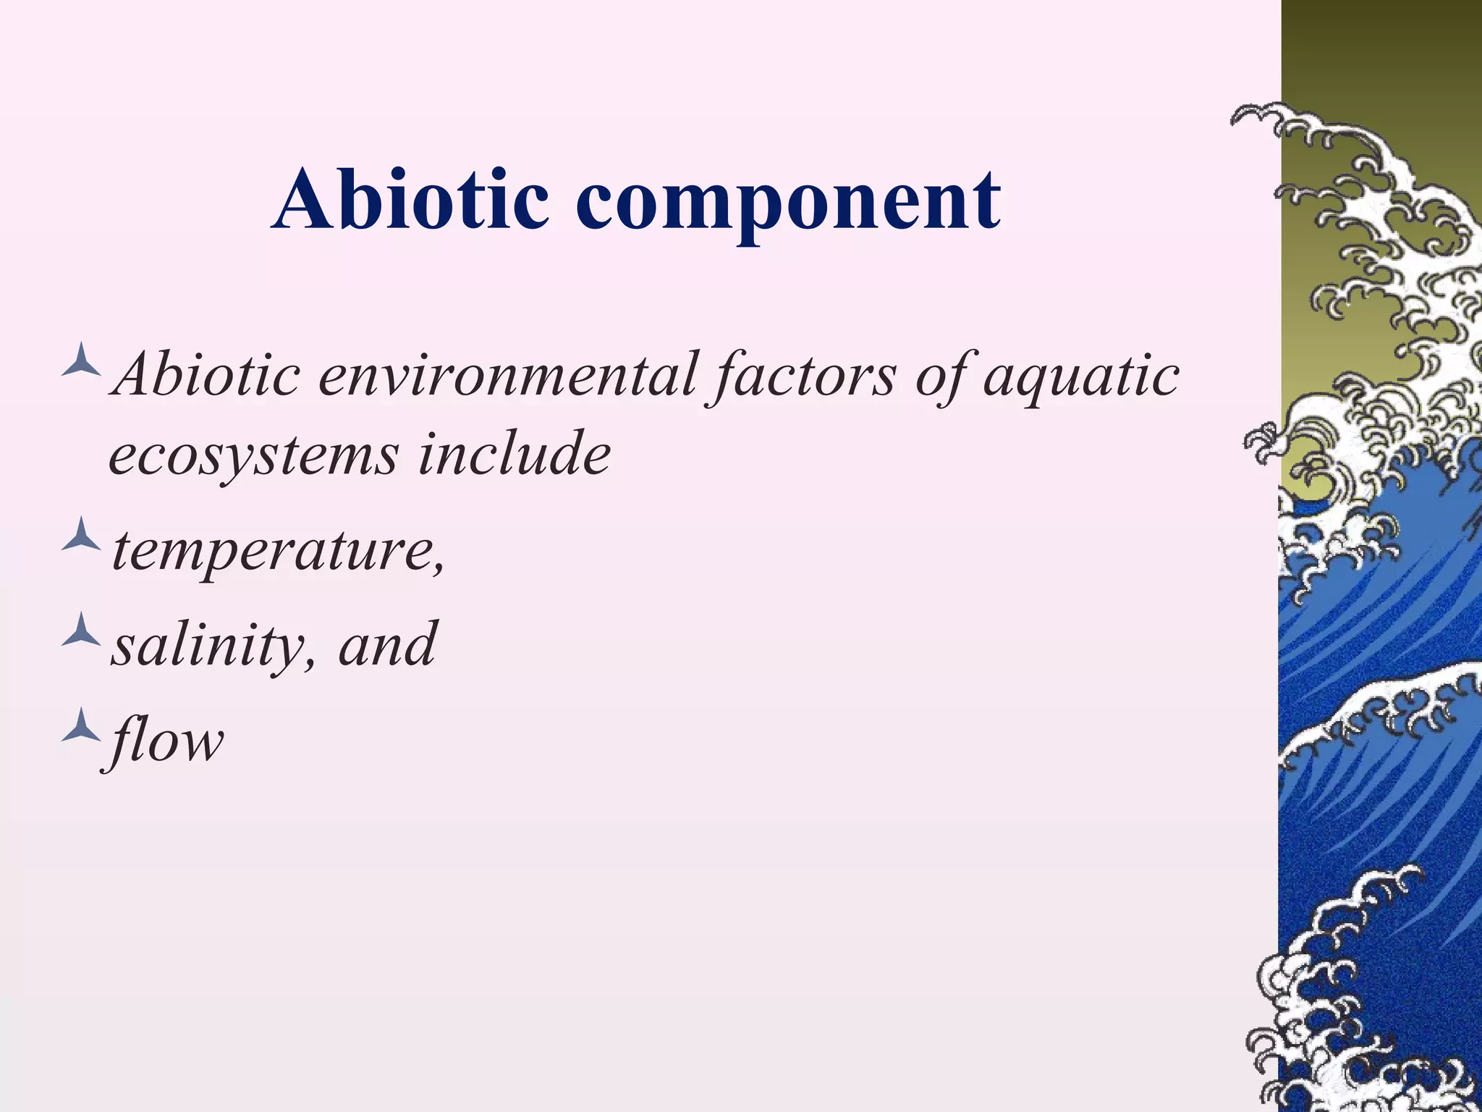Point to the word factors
coord(803,376)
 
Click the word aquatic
coord(1081,376)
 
